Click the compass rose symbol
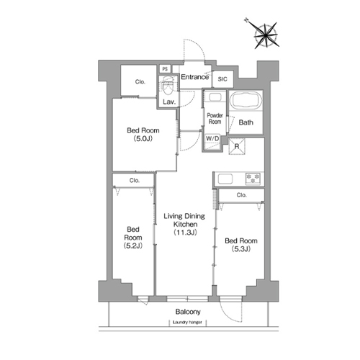coord(266,35)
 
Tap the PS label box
coord(165,69)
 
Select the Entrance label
coord(194,77)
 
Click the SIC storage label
coord(222,79)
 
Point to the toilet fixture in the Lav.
coord(168,86)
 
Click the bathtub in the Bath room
coord(246,100)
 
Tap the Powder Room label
coord(215,119)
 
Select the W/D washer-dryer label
coord(212,138)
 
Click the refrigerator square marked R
coord(237,146)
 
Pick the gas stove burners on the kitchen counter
coord(253,179)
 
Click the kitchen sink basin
coord(225,179)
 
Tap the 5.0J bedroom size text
coord(143,139)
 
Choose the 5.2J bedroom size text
coord(133,246)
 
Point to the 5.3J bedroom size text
coord(241,249)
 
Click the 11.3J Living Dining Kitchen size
coord(185,233)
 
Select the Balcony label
coord(188,312)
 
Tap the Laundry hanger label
coord(187,323)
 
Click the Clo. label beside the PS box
coord(140,82)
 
